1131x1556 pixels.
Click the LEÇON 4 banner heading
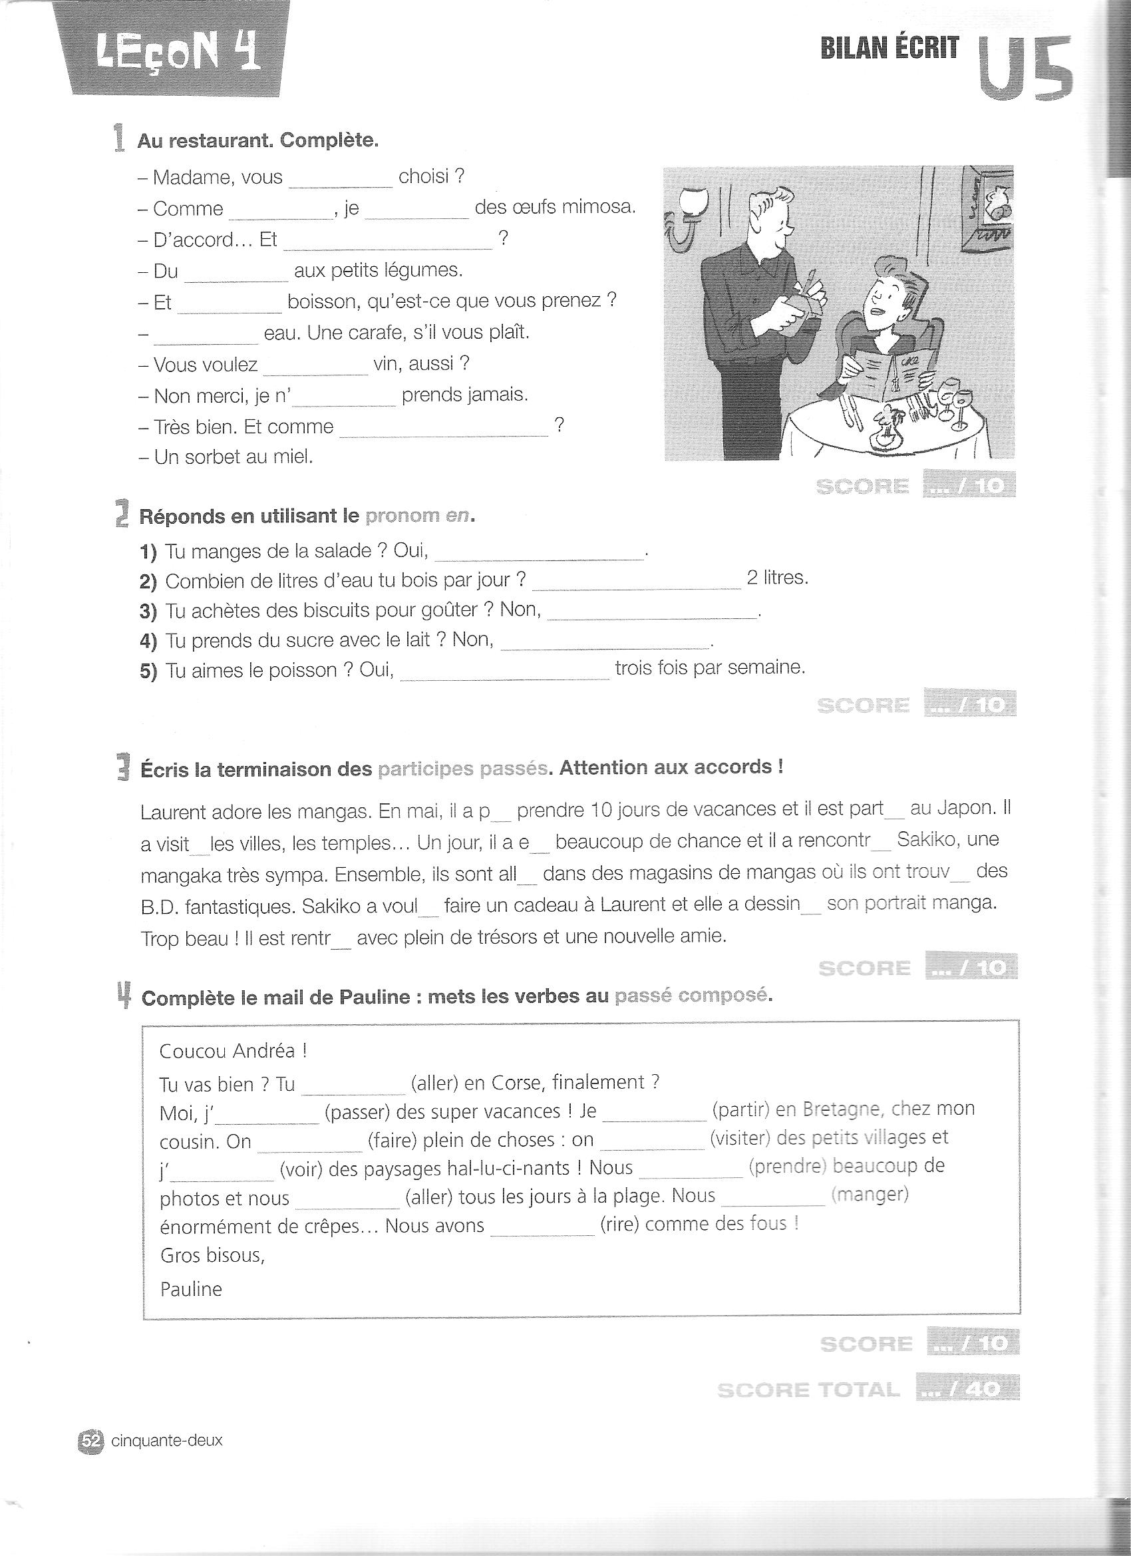(x=178, y=57)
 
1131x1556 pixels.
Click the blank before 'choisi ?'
(x=340, y=181)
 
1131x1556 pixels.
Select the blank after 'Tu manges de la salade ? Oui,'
(x=539, y=554)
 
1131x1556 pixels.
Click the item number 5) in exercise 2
(x=149, y=670)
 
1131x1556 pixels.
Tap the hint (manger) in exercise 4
(x=869, y=1195)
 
